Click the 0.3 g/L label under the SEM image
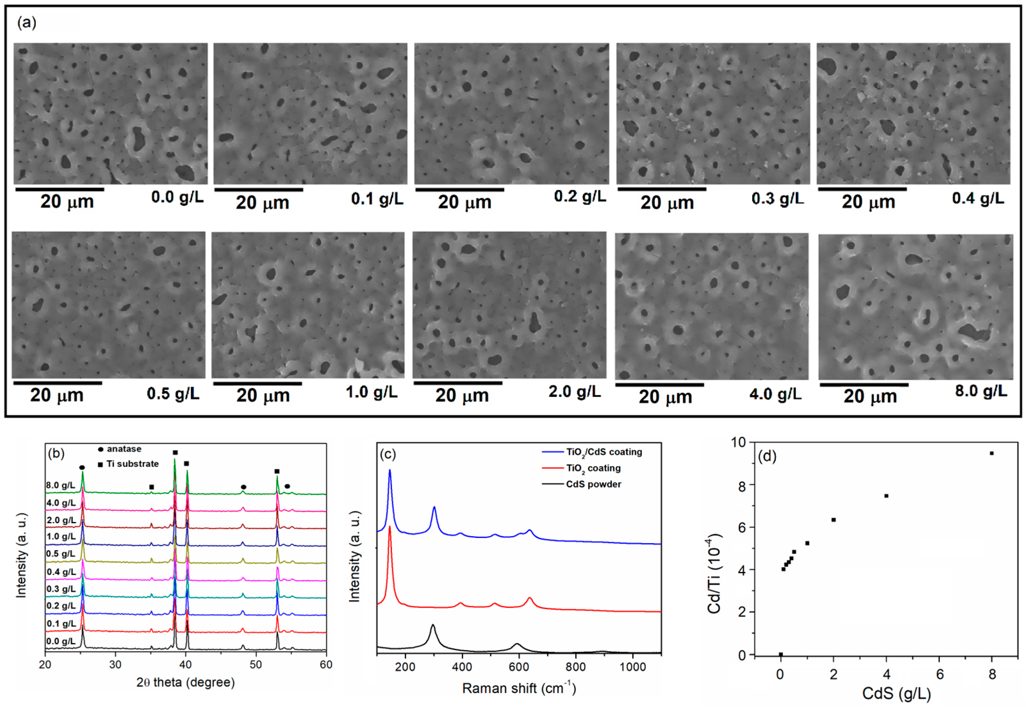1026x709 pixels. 777,199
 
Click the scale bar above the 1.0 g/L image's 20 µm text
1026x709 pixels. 258,383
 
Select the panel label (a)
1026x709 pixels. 27,22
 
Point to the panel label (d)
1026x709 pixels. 767,456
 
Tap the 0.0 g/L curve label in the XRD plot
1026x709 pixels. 61,641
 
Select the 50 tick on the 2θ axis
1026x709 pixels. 256,664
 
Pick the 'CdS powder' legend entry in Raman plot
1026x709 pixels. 593,484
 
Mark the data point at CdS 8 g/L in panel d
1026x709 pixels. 991,453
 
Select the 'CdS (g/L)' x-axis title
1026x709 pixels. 896,693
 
